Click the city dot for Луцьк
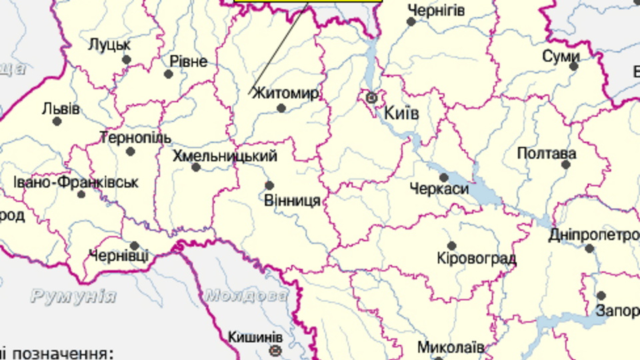[x=126, y=60]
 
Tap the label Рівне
[x=188, y=61]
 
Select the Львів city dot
[x=57, y=121]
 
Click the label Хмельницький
[x=225, y=157]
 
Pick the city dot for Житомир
[x=281, y=107]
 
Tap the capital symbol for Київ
[x=372, y=97]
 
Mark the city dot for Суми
[x=573, y=66]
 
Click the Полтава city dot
[x=565, y=164]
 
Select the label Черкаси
[x=439, y=189]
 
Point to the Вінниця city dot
[x=269, y=185]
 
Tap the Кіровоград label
[x=476, y=259]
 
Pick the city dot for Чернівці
[x=134, y=245]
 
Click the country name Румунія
[x=73, y=296]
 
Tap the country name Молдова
[x=247, y=295]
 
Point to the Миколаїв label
[x=450, y=347]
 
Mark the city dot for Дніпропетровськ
[x=589, y=248]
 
